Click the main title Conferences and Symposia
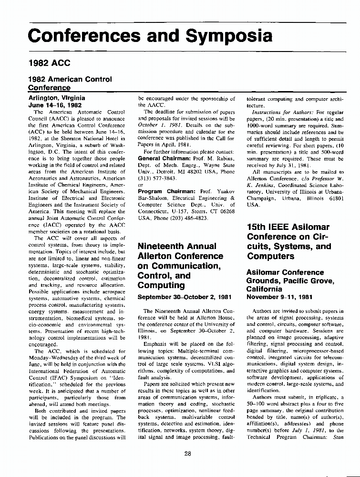[x=150, y=36]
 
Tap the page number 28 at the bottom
[x=187, y=453]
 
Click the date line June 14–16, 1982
[x=56, y=105]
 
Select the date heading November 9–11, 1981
[x=279, y=297]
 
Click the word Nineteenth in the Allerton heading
[x=162, y=246]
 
